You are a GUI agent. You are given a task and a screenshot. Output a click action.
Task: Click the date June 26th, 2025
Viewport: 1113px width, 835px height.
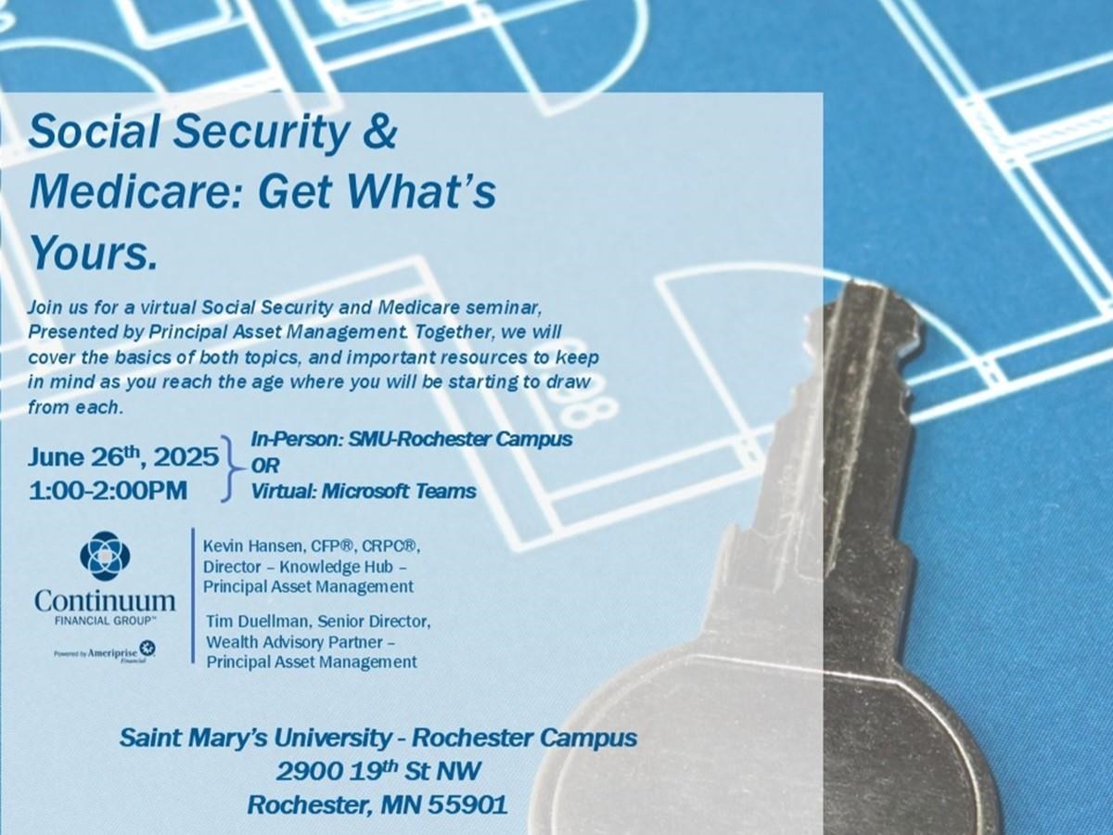tap(123, 456)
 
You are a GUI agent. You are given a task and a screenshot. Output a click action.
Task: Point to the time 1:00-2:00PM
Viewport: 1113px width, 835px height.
tap(108, 491)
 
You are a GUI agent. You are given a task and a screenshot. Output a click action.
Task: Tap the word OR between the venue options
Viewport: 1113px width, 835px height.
tap(265, 466)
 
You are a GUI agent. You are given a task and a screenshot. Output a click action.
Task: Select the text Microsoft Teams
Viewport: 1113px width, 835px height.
tap(399, 491)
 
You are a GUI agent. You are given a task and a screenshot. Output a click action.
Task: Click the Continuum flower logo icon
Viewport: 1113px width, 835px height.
tap(105, 559)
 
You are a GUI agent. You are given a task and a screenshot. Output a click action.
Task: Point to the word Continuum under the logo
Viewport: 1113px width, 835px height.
tap(106, 601)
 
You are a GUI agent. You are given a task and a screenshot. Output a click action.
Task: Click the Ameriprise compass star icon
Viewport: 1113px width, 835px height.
tap(150, 648)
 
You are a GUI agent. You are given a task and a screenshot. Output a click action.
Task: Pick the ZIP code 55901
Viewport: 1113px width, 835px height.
tap(468, 804)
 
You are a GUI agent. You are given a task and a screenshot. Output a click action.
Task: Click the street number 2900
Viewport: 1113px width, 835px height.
tap(309, 772)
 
